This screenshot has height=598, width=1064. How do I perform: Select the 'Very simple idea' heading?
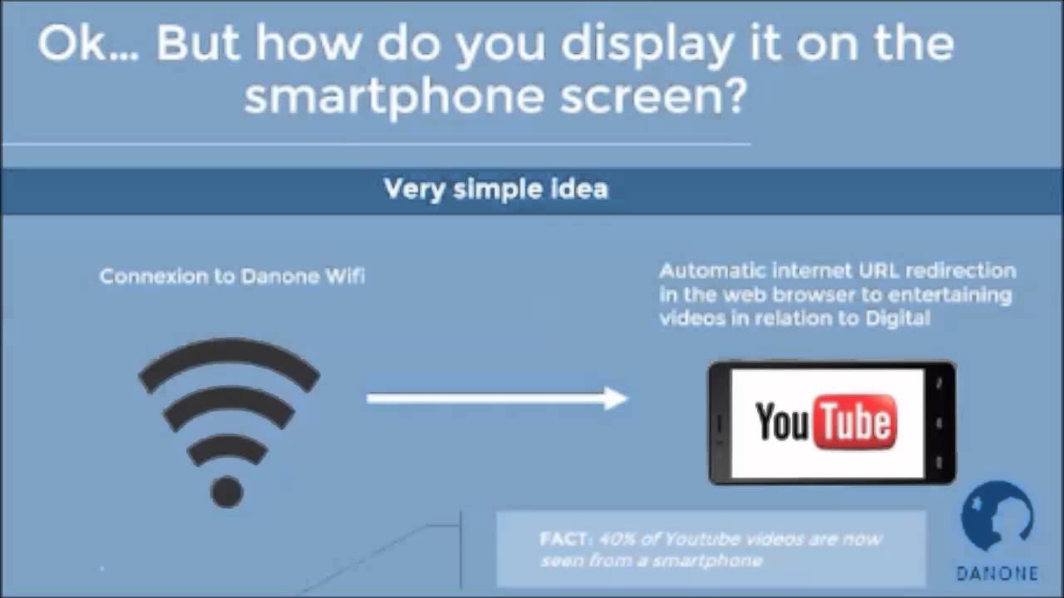496,189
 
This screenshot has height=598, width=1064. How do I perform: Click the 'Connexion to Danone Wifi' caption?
232,276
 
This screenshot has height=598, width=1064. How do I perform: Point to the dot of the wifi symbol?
226,491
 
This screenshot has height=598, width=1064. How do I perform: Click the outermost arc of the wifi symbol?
229,353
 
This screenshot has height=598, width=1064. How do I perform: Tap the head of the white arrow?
615,399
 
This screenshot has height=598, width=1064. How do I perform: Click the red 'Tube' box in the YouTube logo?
855,422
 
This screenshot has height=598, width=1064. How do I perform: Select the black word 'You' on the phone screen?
782,422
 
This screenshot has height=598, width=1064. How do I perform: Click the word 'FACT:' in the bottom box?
564,538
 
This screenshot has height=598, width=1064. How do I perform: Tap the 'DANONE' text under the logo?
997,573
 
